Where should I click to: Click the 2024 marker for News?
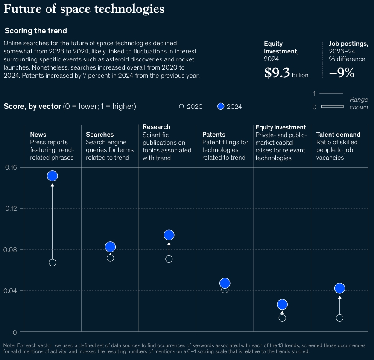click(52, 176)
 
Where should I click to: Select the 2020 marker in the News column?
click(52, 263)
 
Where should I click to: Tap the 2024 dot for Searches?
click(110, 247)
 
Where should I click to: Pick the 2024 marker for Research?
click(169, 235)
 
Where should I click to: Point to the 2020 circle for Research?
click(169, 259)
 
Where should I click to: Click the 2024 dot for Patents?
click(225, 283)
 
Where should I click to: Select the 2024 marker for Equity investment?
click(282, 304)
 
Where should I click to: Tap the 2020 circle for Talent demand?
click(339, 318)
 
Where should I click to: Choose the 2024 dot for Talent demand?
click(339, 288)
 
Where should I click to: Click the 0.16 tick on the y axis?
click(11, 167)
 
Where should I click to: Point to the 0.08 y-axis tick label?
click(11, 250)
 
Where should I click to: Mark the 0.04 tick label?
click(11, 291)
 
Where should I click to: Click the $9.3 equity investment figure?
click(277, 73)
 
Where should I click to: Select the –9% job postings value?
click(342, 73)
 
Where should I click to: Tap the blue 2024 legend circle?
click(221, 106)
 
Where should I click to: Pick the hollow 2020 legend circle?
click(181, 106)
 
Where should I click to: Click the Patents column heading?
click(213, 135)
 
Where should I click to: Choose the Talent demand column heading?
click(338, 135)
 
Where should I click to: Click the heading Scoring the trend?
click(35, 31)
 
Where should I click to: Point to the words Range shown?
click(359, 103)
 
